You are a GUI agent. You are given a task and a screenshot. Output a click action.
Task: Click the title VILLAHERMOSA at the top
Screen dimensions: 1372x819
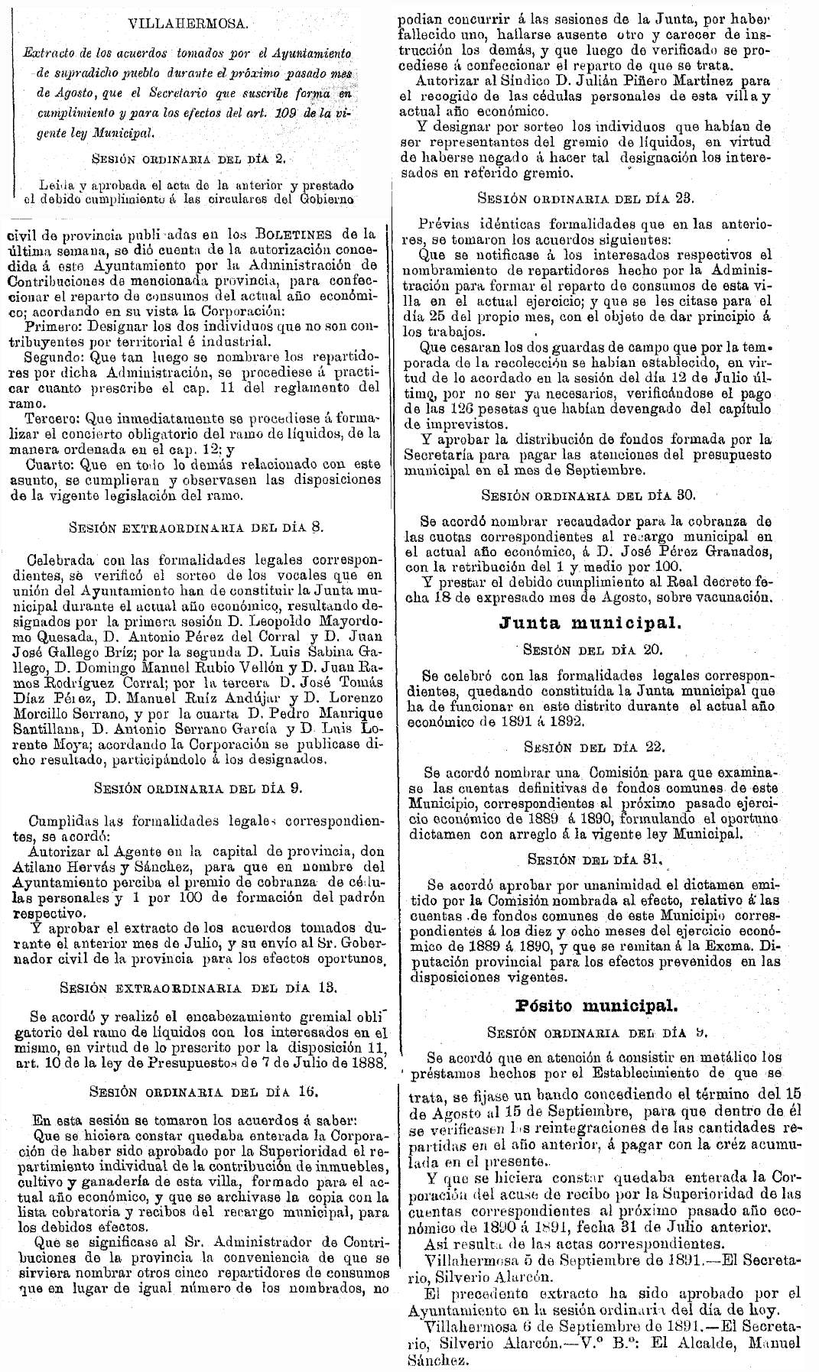[x=188, y=25]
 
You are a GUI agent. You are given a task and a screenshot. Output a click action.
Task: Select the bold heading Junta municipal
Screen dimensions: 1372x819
[x=589, y=622]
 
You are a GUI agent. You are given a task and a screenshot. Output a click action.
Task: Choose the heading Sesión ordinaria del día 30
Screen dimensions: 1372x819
[x=585, y=494]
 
